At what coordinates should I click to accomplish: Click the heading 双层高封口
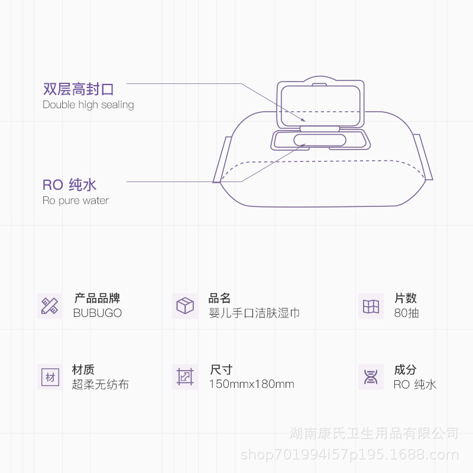pyautogui.click(x=78, y=89)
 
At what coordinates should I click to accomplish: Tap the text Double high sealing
pyautogui.click(x=88, y=105)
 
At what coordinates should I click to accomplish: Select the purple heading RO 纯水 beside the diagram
pyautogui.click(x=69, y=184)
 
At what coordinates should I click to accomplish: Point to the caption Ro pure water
pyautogui.click(x=76, y=200)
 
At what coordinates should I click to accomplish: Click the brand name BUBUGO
pyautogui.click(x=98, y=313)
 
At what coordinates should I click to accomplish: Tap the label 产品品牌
pyautogui.click(x=97, y=299)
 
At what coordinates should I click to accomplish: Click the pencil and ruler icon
pyautogui.click(x=50, y=306)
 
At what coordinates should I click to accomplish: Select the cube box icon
pyautogui.click(x=185, y=306)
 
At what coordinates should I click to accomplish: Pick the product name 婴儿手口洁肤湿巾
pyautogui.click(x=254, y=313)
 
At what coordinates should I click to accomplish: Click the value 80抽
pyautogui.click(x=406, y=313)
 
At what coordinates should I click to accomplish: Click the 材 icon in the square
pyautogui.click(x=50, y=377)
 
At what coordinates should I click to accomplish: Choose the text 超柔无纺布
pyautogui.click(x=101, y=384)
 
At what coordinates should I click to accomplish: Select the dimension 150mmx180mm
pyautogui.click(x=251, y=384)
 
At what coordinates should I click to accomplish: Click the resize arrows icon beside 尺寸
pyautogui.click(x=185, y=377)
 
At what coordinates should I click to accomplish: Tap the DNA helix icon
pyautogui.click(x=371, y=377)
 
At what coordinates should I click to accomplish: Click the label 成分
pyautogui.click(x=405, y=370)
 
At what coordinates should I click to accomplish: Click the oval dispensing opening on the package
pyautogui.click(x=320, y=140)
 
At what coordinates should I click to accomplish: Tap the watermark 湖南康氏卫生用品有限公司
pyautogui.click(x=374, y=433)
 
